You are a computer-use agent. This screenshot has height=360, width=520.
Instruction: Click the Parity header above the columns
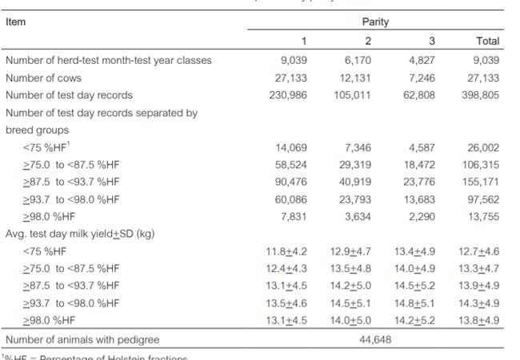[x=374, y=22]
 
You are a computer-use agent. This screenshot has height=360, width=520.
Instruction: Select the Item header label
[x=15, y=22]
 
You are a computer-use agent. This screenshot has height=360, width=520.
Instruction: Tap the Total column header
[x=487, y=41]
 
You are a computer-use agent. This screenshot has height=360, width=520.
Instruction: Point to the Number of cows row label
[x=43, y=78]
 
